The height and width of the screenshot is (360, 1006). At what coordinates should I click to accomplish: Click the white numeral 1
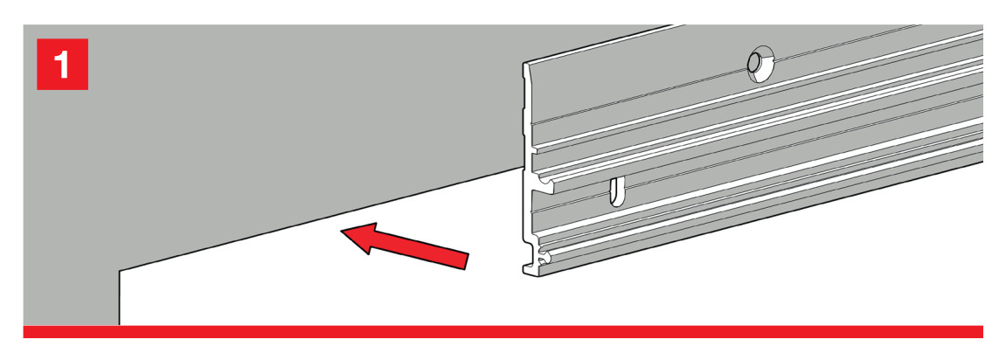pos(61,64)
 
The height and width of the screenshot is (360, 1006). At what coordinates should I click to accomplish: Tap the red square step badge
pos(62,64)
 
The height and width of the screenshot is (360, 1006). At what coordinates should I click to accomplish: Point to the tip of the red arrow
pos(342,232)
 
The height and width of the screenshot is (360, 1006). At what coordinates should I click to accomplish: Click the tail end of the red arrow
pos(465,261)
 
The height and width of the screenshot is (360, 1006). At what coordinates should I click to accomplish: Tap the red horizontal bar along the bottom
pos(503,332)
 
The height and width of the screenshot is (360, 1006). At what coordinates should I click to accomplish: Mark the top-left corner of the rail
pos(524,64)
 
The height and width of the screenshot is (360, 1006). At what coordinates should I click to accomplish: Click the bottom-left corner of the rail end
pos(524,273)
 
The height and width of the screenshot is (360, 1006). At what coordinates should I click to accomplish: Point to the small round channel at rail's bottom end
pos(545,260)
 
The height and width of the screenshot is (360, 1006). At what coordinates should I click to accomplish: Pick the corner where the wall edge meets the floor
pos(120,271)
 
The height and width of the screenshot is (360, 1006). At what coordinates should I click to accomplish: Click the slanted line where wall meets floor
pos(322,218)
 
